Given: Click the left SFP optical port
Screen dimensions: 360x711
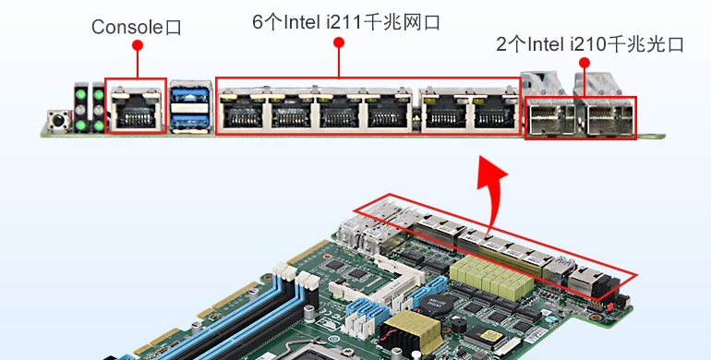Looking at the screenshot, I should pos(549,118).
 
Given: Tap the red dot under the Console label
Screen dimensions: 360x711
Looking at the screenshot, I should pos(137,44).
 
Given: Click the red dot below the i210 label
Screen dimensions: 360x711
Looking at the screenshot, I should pos(584,62).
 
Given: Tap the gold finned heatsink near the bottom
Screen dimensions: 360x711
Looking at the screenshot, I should pos(409,327).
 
